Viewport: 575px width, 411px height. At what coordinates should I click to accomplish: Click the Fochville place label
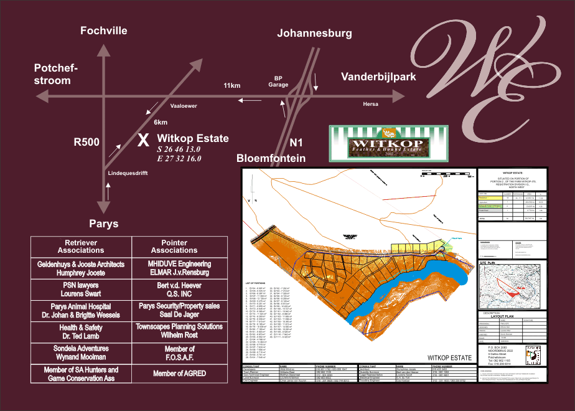point(104,31)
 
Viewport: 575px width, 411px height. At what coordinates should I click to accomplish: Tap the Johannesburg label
point(314,33)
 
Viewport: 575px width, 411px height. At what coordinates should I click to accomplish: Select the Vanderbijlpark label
point(378,77)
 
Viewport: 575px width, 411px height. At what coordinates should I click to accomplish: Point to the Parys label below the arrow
point(103,224)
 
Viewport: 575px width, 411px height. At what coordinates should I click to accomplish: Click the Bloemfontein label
point(271,158)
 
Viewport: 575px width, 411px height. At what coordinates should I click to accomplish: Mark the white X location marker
point(143,139)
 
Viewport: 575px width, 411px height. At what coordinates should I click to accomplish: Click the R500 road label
point(86,142)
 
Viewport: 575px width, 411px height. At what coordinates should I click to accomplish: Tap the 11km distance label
point(231,85)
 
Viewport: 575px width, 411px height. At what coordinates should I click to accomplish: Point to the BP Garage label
point(278,82)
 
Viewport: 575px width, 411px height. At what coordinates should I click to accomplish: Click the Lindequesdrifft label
point(128,173)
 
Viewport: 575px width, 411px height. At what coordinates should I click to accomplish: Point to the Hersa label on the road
point(370,104)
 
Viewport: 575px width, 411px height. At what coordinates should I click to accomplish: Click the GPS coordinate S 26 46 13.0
point(179,149)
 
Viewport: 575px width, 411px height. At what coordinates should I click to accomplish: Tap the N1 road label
point(297,142)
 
